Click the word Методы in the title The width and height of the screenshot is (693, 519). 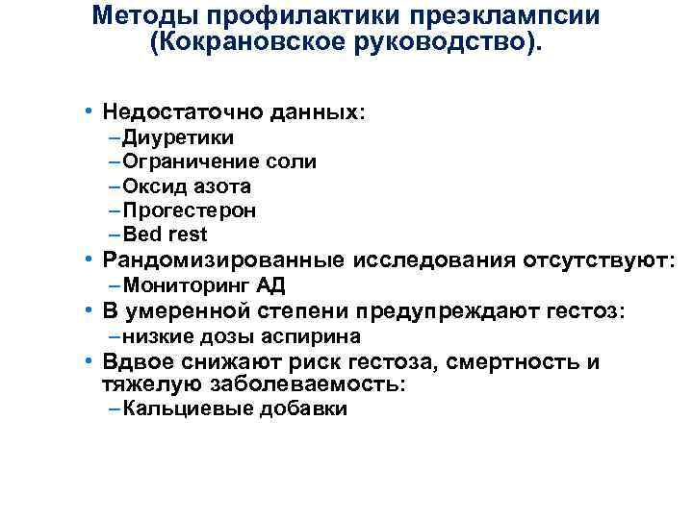point(139,17)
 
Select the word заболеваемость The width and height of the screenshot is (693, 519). point(319,384)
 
